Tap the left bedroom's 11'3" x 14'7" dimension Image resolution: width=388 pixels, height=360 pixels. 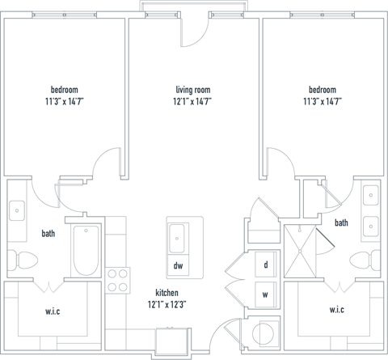(65, 102)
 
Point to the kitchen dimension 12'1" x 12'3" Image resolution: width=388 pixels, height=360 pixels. (167, 305)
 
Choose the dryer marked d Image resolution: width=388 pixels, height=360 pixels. (266, 264)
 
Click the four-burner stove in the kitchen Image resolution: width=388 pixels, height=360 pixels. (118, 280)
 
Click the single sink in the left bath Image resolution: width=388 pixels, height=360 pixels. (19, 211)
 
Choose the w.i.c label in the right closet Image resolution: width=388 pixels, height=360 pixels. (337, 310)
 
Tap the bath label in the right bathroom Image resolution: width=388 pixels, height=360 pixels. (341, 222)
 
